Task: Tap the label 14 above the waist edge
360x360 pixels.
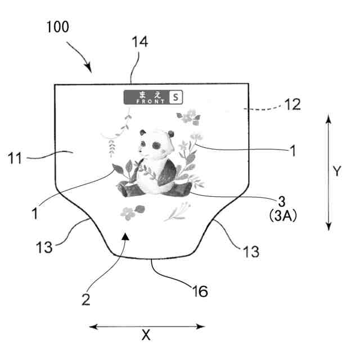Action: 140,43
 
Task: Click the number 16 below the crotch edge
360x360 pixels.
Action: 200,291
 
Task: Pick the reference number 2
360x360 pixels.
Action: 86,300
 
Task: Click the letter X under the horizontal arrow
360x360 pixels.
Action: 146,336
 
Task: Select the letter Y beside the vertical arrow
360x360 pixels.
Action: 336,172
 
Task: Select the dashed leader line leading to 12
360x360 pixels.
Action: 264,106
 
